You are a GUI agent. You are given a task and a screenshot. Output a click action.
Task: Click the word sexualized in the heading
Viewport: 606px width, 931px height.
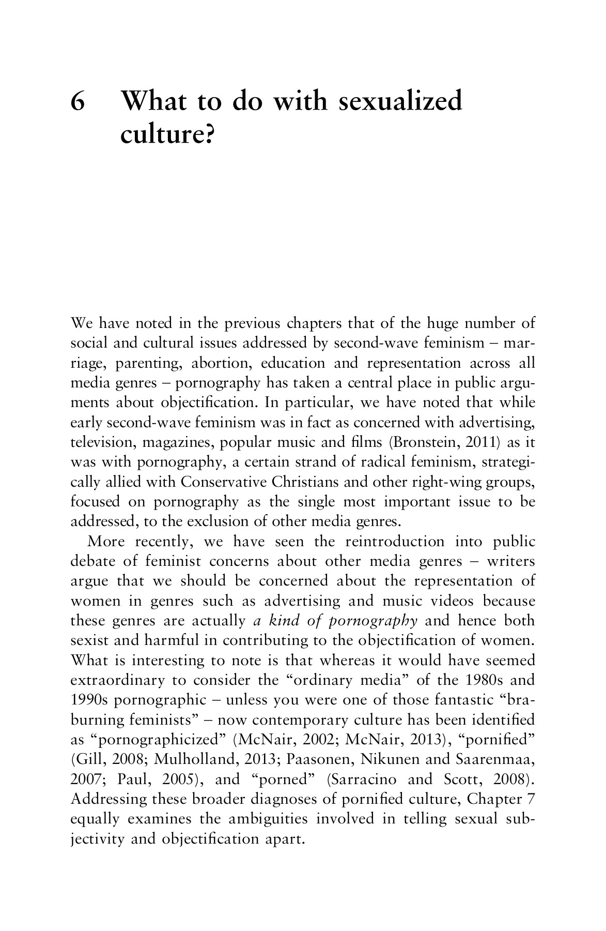(x=399, y=101)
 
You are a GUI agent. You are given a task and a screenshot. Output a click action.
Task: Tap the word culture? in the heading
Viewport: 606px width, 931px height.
(x=167, y=136)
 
